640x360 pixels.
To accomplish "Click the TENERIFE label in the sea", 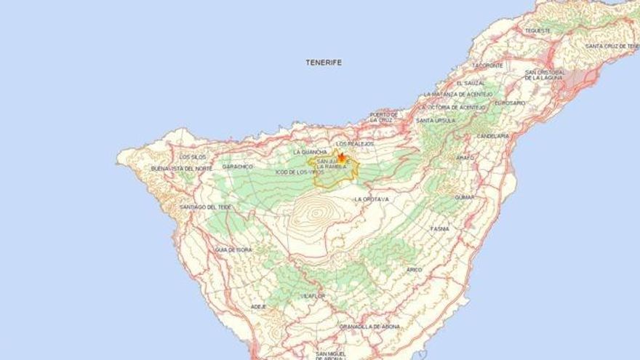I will point(324,63).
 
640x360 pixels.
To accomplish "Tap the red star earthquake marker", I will point(341,156).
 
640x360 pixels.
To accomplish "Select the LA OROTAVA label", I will point(372,199).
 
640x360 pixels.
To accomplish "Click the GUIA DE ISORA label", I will point(233,249).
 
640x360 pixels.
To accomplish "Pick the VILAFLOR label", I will point(312,296).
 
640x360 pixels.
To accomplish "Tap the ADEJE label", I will point(258,307).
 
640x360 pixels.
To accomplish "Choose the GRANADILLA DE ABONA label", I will point(370,327).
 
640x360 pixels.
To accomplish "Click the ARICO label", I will point(414,269).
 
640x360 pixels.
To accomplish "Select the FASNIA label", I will point(439,228).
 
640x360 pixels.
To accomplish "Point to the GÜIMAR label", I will point(464,197).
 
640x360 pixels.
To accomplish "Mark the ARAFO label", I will point(465,157).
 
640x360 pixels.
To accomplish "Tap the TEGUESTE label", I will point(537,31).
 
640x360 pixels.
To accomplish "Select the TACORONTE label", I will point(487,65).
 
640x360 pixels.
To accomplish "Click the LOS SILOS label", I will point(193,156).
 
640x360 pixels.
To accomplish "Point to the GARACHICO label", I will point(237,167).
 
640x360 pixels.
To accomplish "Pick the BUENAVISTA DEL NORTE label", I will point(182,169).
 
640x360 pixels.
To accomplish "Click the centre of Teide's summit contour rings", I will point(318,215).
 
